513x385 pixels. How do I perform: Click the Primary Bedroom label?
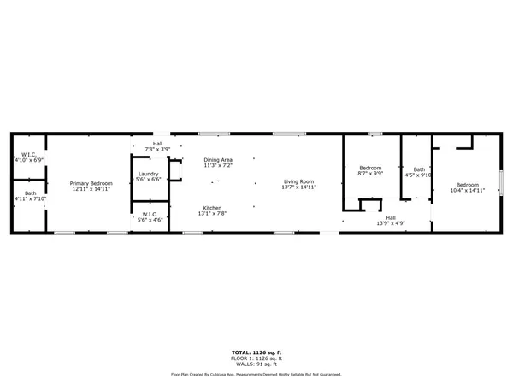(x=91, y=183)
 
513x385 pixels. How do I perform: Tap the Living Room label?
(x=299, y=181)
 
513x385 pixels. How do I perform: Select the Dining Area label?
(x=218, y=160)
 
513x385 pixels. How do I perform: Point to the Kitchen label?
(x=212, y=208)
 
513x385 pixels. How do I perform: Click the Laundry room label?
(x=149, y=175)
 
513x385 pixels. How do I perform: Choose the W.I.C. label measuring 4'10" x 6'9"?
(x=29, y=155)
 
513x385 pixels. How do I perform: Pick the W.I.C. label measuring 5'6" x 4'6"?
(x=150, y=215)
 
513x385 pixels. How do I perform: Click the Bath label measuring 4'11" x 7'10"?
(x=30, y=193)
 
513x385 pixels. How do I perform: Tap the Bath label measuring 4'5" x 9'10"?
(x=419, y=169)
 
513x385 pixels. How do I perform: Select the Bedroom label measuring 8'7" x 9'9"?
(x=370, y=168)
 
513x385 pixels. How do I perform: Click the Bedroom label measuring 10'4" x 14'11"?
(x=468, y=185)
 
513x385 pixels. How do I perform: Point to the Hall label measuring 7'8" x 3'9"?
(x=158, y=144)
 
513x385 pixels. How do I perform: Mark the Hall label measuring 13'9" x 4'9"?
(x=391, y=218)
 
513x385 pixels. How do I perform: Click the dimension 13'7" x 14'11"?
(x=299, y=187)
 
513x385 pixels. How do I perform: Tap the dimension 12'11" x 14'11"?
(x=91, y=188)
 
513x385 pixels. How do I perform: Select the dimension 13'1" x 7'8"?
(x=212, y=213)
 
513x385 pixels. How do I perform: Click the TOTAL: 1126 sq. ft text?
(x=256, y=352)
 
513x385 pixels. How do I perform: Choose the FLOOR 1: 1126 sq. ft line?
(x=256, y=357)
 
